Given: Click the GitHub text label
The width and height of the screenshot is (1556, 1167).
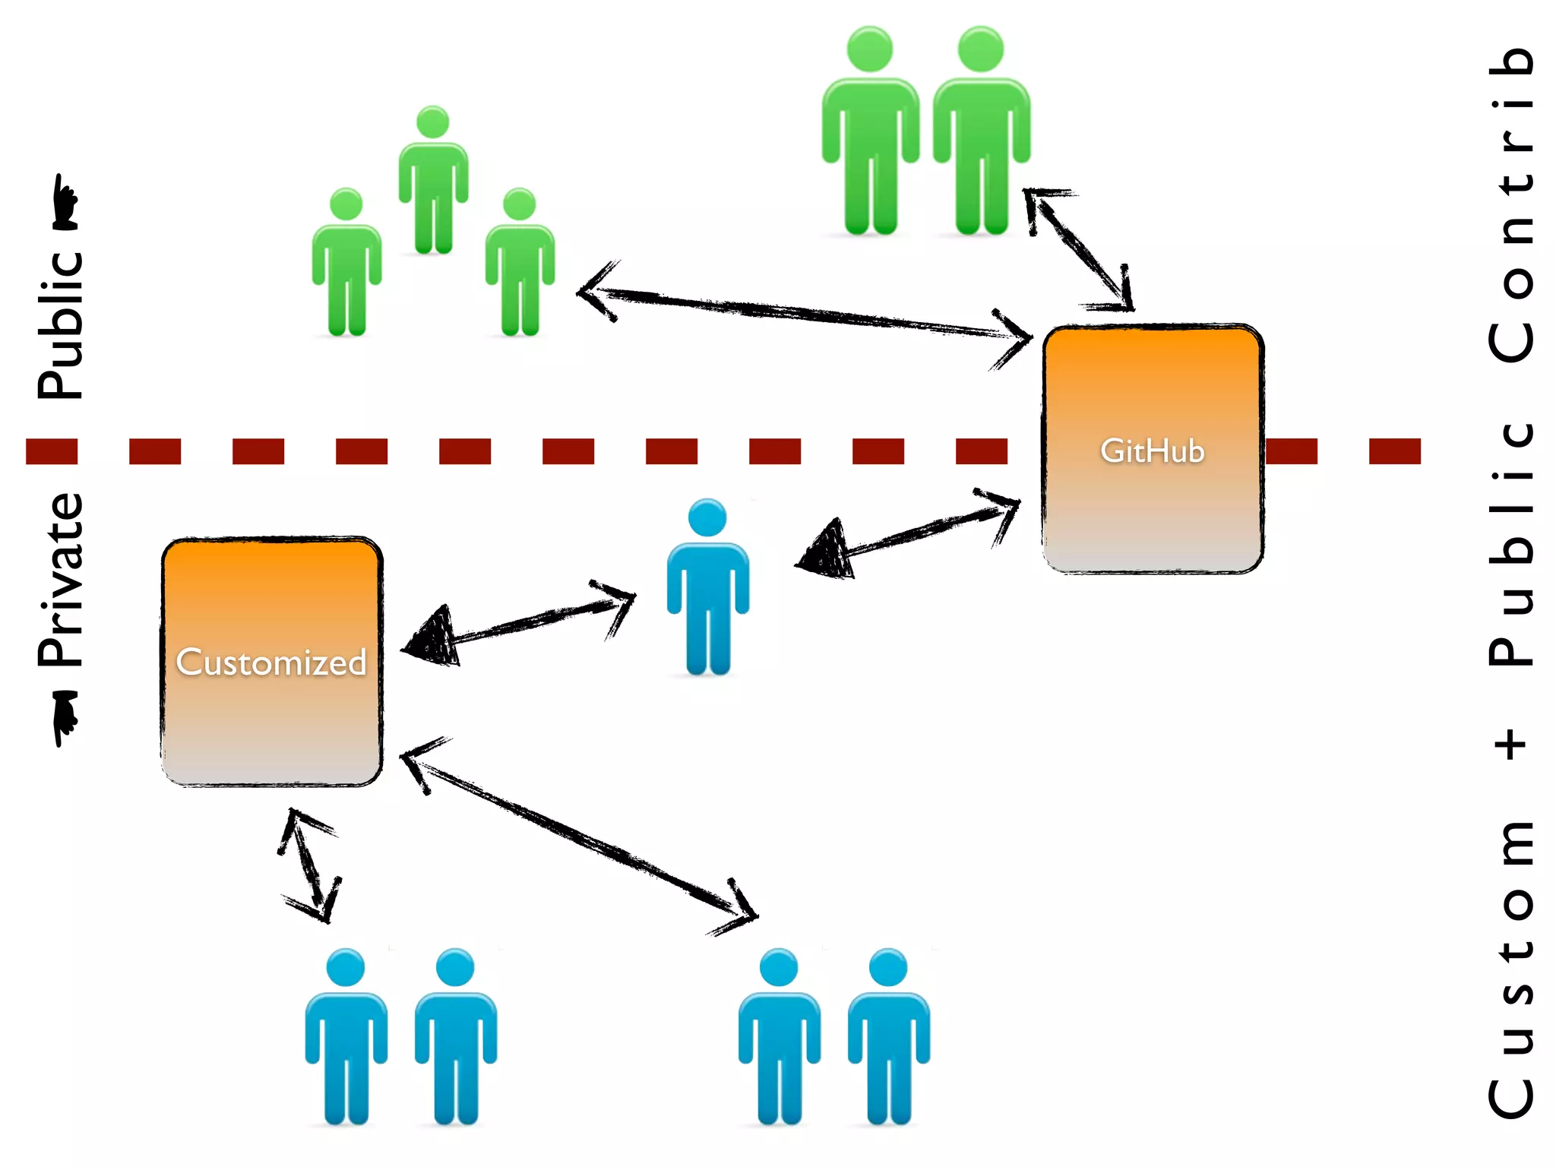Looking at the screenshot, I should [1152, 451].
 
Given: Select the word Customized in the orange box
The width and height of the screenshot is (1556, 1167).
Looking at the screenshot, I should [271, 663].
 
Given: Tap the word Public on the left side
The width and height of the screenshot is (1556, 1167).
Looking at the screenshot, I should [61, 325].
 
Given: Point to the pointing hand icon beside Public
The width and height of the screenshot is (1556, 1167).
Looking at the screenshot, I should [65, 203].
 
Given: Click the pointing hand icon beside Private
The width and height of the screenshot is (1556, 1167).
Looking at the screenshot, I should [65, 717].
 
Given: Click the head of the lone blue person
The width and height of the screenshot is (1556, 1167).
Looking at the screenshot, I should [707, 518].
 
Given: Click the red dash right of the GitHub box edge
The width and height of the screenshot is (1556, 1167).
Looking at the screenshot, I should [1292, 451].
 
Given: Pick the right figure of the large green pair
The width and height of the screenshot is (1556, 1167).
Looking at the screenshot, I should [981, 133].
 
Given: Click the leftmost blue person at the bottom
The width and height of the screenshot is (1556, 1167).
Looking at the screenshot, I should [346, 1037].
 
